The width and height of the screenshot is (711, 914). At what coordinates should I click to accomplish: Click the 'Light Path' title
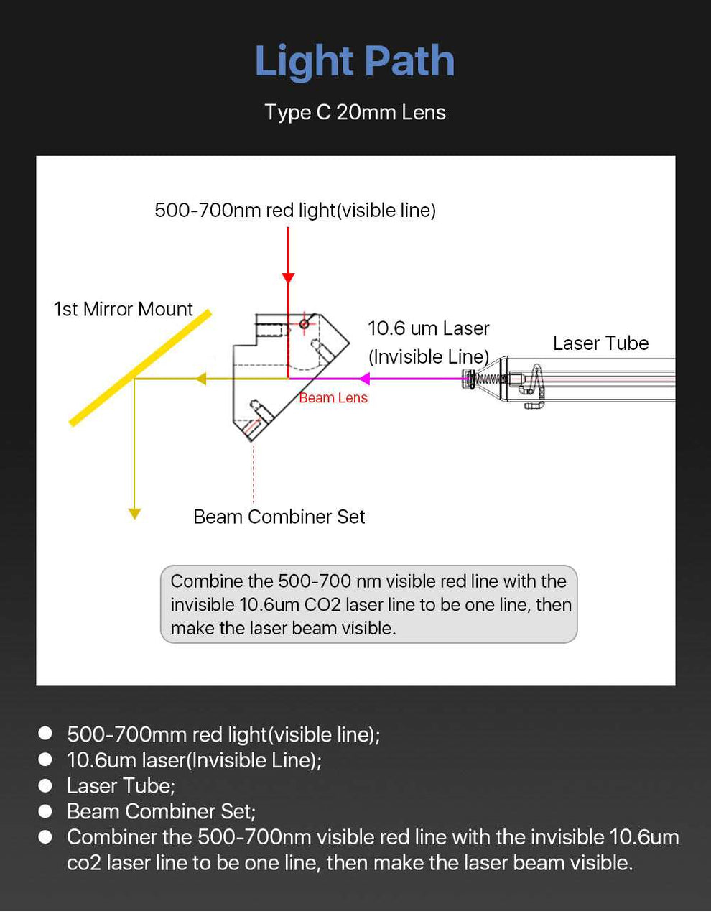pyautogui.click(x=355, y=61)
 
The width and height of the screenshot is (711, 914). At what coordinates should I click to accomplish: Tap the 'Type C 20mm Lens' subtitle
pyautogui.click(x=355, y=112)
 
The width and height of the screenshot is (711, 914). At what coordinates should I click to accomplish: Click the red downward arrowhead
pyautogui.click(x=288, y=277)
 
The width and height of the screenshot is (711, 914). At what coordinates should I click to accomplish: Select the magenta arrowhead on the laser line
pyautogui.click(x=364, y=379)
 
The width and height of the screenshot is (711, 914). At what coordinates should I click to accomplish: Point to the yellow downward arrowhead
pyautogui.click(x=134, y=513)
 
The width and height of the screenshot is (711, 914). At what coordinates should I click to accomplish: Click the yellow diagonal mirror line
pyautogui.click(x=140, y=367)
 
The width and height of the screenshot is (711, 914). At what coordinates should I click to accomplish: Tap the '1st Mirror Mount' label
pyautogui.click(x=123, y=309)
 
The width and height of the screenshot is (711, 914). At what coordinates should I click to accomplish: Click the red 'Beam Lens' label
pyautogui.click(x=333, y=398)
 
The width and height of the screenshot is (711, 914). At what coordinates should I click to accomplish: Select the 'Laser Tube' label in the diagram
pyautogui.click(x=600, y=343)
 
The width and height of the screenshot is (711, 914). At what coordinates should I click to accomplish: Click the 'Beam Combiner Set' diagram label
pyautogui.click(x=279, y=517)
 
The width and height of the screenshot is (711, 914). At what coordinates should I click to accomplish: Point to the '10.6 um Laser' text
pyautogui.click(x=428, y=328)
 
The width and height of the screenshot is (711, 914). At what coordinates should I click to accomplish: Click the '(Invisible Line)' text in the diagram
pyautogui.click(x=428, y=356)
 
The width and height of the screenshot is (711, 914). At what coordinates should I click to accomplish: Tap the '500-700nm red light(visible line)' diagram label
pyautogui.click(x=295, y=210)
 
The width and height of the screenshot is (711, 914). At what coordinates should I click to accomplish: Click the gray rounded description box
pyautogui.click(x=368, y=604)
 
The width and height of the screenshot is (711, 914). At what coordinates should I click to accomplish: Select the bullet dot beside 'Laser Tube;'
pyautogui.click(x=45, y=785)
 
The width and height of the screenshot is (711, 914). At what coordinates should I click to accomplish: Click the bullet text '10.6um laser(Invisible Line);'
pyautogui.click(x=194, y=760)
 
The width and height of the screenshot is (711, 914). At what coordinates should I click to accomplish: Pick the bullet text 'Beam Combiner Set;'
pyautogui.click(x=161, y=811)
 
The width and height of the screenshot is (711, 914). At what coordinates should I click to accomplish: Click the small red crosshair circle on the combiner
pyautogui.click(x=304, y=324)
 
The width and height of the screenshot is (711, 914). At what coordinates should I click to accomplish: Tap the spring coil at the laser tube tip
pyautogui.click(x=491, y=379)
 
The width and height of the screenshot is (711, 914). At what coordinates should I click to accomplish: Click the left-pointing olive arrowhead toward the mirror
pyautogui.click(x=201, y=379)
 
